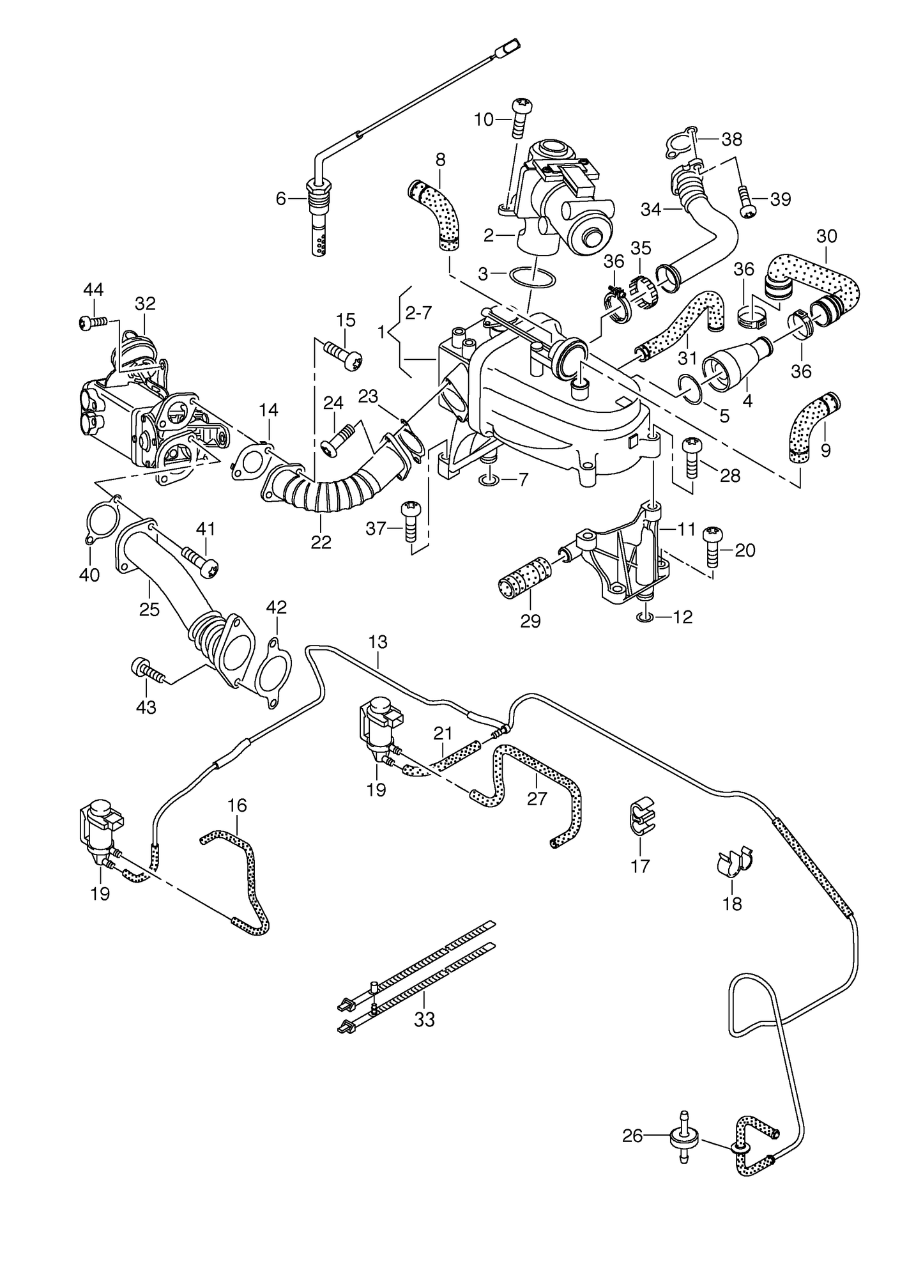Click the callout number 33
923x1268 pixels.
[423, 1019]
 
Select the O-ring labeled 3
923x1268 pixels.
[533, 277]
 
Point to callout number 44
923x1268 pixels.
[93, 290]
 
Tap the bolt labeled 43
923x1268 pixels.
[146, 670]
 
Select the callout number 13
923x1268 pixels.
[378, 642]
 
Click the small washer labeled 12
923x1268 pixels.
[644, 617]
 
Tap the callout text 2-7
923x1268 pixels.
[418, 313]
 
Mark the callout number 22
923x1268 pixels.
[321, 541]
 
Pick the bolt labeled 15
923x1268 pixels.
[343, 354]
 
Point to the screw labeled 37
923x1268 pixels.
[408, 521]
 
